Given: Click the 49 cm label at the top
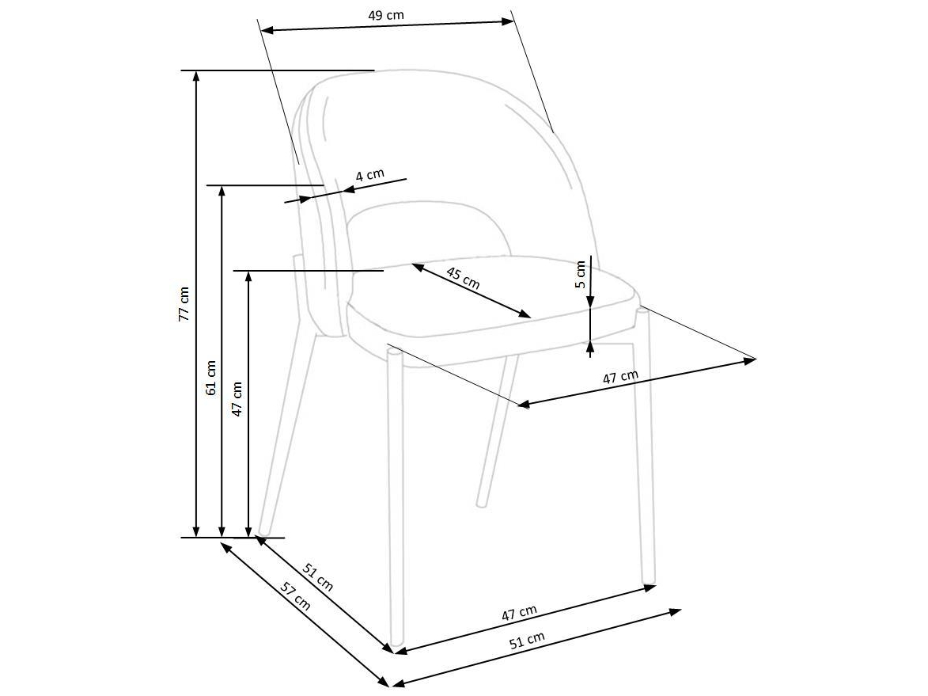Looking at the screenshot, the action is (386, 15).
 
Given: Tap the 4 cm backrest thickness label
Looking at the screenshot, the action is (370, 175).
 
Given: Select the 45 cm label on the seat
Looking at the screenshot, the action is (463, 278).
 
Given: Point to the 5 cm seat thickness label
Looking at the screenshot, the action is (581, 274).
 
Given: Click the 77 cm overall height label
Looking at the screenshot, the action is (184, 305).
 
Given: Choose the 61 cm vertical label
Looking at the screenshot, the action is (210, 378).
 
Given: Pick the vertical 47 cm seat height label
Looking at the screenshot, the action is (237, 398).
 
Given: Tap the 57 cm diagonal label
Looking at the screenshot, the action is (295, 596).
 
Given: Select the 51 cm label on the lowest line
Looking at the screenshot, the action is (527, 641).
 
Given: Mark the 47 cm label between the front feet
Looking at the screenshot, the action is (519, 613).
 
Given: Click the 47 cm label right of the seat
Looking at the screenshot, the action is (620, 378).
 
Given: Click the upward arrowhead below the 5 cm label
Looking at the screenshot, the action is (590, 348).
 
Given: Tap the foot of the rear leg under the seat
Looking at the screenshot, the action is (483, 504).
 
